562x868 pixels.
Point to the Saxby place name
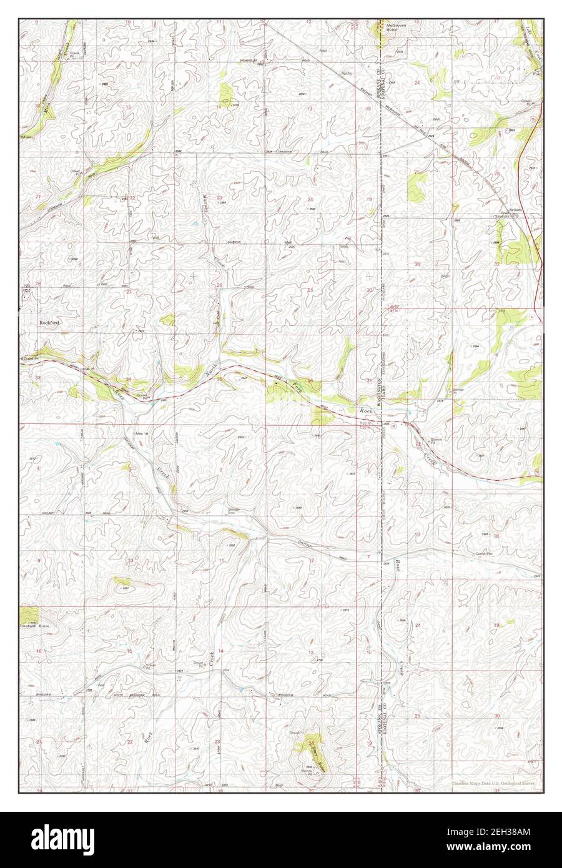coord(347,74)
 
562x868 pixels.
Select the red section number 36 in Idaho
coord(417,264)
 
